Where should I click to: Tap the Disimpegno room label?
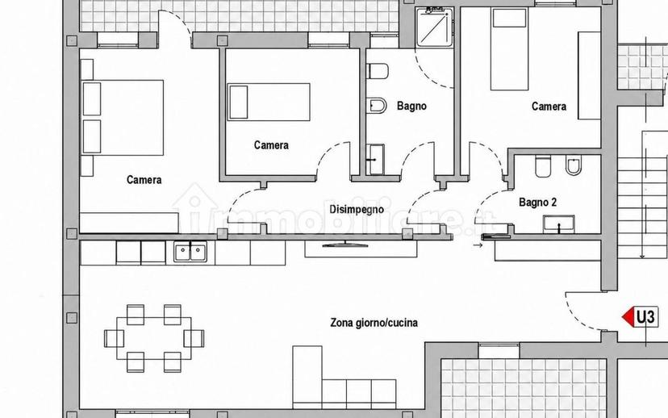[357, 209]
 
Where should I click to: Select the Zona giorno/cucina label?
[374, 323]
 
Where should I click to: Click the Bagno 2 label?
[537, 202]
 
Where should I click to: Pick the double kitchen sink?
[190, 252]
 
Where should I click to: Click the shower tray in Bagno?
[435, 27]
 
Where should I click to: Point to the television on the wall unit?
[345, 245]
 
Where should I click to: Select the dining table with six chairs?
[154, 338]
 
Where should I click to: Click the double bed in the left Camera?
[123, 118]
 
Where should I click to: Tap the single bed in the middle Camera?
[269, 102]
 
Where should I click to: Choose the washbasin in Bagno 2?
[558, 224]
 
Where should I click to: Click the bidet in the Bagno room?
[377, 105]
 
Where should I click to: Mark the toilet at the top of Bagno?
[378, 71]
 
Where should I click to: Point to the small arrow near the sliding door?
[478, 245]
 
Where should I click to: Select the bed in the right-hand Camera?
[510, 49]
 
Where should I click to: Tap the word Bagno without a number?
[411, 106]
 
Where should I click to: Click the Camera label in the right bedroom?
[549, 106]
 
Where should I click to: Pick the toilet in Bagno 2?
[543, 166]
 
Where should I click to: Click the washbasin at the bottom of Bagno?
[376, 160]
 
